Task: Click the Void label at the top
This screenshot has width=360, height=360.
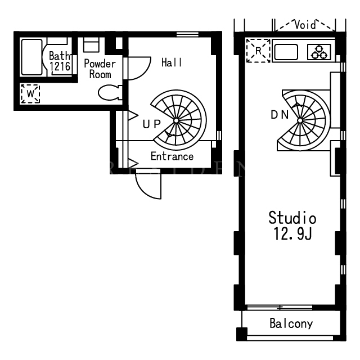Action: click(305, 25)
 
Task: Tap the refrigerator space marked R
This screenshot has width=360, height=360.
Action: click(258, 51)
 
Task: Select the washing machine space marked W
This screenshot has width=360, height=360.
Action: click(30, 94)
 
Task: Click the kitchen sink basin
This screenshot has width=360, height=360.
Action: click(286, 52)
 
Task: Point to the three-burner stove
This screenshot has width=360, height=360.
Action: click(319, 52)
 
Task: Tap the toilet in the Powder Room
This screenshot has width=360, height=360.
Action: click(110, 92)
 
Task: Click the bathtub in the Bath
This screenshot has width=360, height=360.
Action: click(31, 57)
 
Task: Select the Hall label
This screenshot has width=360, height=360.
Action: click(172, 62)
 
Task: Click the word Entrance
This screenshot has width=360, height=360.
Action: click(172, 156)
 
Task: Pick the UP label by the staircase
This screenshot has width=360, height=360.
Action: click(151, 124)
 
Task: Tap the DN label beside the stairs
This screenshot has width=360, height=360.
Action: click(280, 115)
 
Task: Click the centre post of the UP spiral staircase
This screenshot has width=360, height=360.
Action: click(176, 120)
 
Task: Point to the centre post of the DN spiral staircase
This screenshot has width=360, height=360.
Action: click(300, 120)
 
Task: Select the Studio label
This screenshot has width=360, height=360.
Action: click(292, 218)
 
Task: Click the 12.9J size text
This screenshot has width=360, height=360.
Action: click(292, 234)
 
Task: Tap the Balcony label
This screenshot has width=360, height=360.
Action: click(291, 323)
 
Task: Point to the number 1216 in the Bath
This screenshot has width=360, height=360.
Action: click(60, 66)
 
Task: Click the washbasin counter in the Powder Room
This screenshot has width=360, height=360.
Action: click(91, 44)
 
